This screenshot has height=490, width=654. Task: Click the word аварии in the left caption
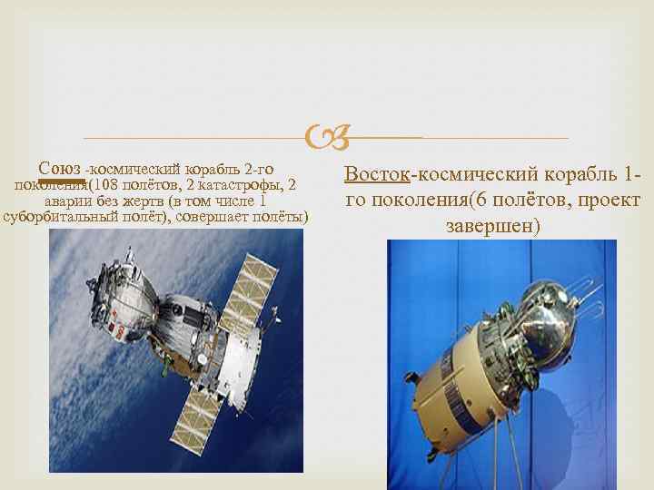[x=67, y=202]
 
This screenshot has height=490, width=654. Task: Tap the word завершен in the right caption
[x=493, y=225]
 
